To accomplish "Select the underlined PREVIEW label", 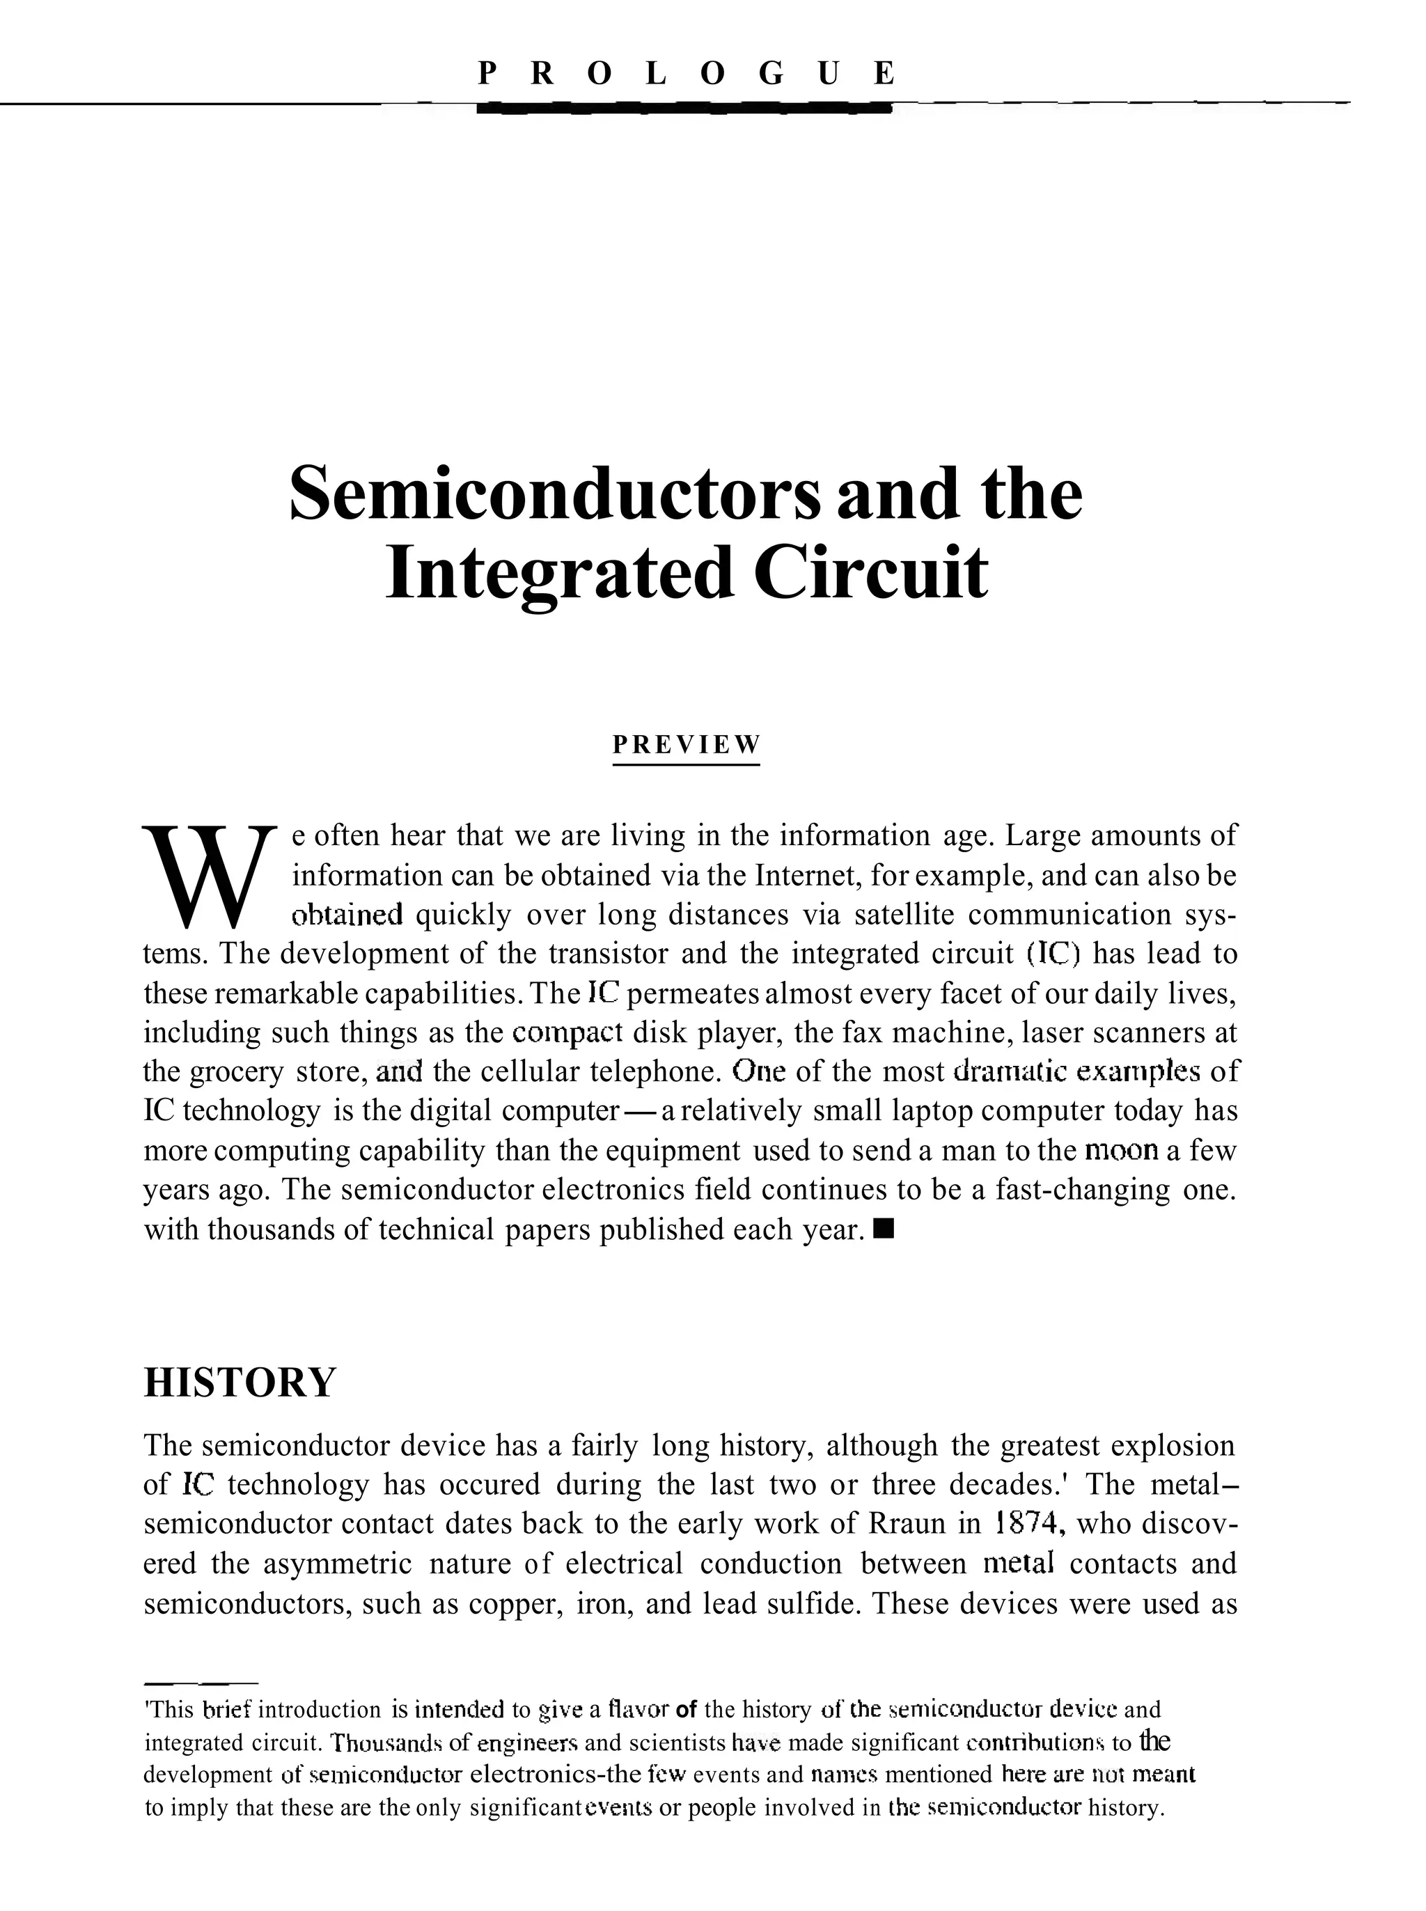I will coord(687,744).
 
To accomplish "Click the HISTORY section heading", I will coord(239,1382).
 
